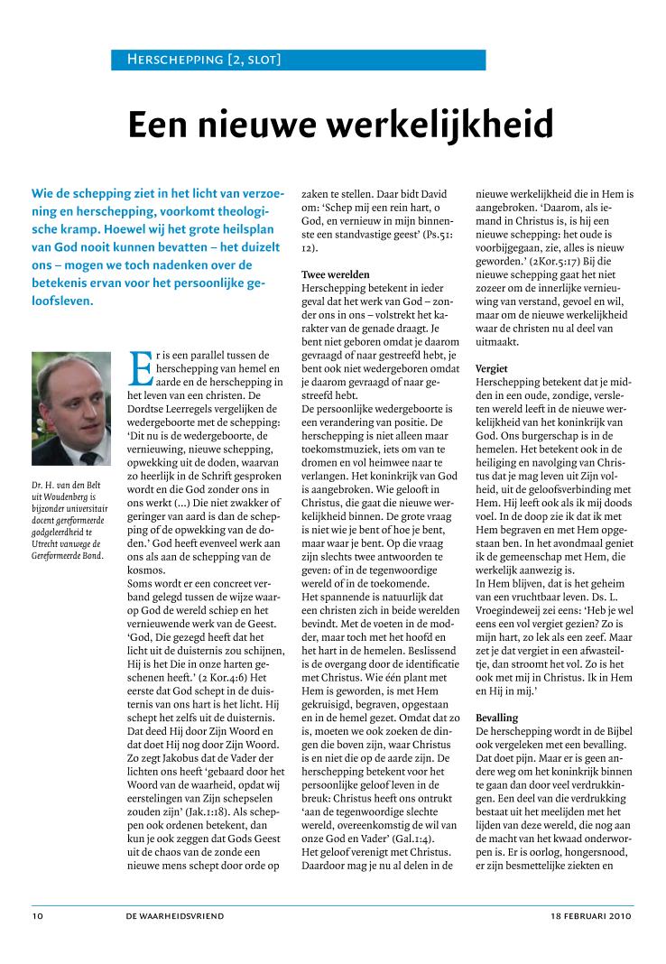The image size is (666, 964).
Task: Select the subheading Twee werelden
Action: (335, 273)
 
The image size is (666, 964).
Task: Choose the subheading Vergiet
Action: (492, 368)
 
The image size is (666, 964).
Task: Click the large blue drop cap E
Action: (141, 367)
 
